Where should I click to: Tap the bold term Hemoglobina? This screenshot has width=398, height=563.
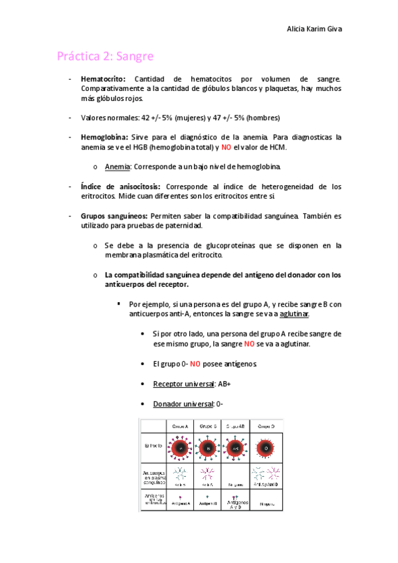pos(104,137)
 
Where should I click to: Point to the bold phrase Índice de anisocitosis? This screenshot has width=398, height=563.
pos(120,187)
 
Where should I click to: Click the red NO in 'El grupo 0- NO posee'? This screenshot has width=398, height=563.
pos(196,364)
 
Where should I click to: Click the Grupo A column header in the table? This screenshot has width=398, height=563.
pos(180,425)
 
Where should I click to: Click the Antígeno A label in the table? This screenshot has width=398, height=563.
pos(180,504)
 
